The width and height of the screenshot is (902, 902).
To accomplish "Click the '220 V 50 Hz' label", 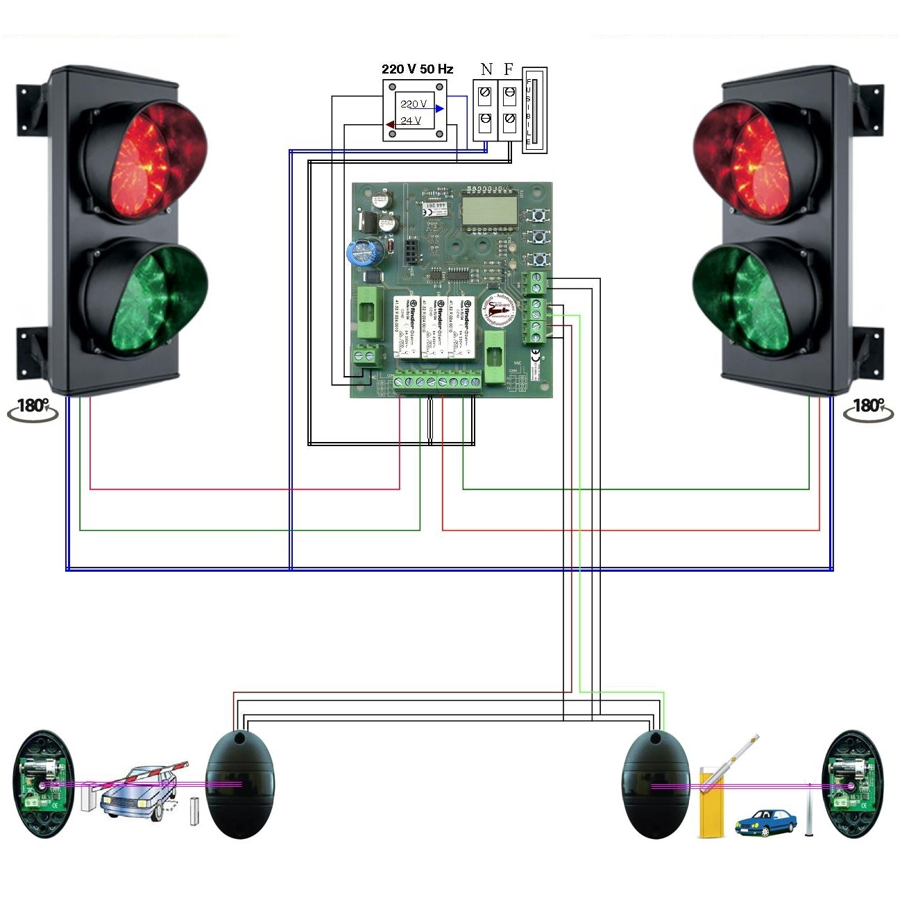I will click(x=417, y=69).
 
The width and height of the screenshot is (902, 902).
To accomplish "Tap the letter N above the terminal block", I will click(x=486, y=69).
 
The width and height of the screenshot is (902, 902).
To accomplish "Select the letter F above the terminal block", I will click(x=509, y=69).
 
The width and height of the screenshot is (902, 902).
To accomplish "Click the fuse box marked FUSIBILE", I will click(x=534, y=110).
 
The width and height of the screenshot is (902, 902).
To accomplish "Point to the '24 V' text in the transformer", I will click(x=410, y=121).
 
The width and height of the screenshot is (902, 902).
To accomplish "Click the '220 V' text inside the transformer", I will click(x=414, y=104).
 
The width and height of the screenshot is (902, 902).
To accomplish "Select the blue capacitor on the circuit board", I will click(x=364, y=253).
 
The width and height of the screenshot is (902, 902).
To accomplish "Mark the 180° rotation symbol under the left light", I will click(x=33, y=409).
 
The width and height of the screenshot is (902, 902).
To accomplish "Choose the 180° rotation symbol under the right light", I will click(x=868, y=409).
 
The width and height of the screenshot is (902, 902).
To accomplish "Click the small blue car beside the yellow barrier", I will click(x=765, y=822).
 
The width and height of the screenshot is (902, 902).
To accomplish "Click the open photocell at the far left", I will click(x=44, y=784).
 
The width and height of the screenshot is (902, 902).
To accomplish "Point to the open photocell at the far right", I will click(x=853, y=784).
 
